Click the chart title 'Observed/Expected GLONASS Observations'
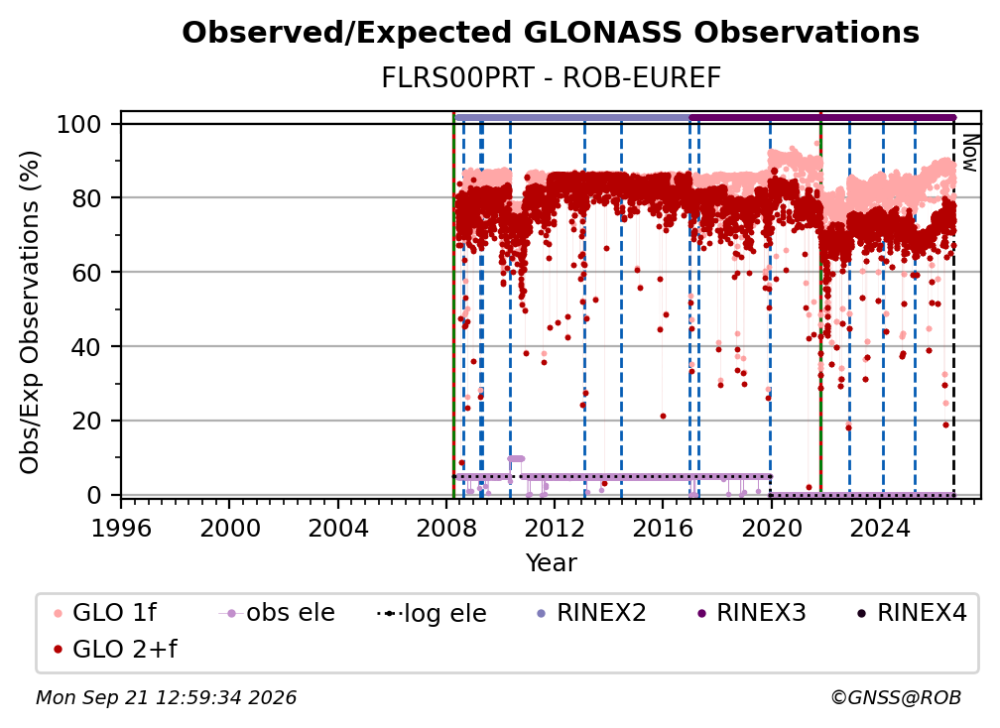551,33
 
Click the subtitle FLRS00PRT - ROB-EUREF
551,77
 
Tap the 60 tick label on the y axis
86,273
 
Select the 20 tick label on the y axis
86,422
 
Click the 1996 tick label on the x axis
121,529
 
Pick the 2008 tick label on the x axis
446,529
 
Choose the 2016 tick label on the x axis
663,529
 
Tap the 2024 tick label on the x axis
879,529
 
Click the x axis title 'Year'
551,563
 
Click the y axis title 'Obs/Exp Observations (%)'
30,312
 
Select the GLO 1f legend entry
105,613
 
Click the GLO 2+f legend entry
115,649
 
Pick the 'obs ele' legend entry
277,613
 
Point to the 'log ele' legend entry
432,613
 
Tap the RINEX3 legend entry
751,613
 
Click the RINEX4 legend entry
912,613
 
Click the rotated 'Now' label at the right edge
969,153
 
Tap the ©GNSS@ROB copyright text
896,698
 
